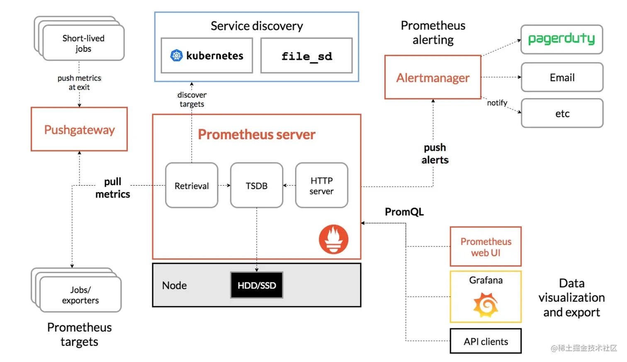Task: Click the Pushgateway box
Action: tap(79, 129)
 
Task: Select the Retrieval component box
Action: tap(192, 185)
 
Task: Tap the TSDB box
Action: tap(257, 185)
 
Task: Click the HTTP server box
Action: tap(321, 185)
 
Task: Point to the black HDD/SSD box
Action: tap(257, 285)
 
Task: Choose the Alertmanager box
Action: tap(433, 77)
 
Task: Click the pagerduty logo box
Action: tap(561, 39)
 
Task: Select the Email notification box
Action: tap(562, 77)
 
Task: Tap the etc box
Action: tap(562, 113)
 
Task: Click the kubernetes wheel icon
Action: tap(177, 56)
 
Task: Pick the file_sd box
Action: tap(306, 56)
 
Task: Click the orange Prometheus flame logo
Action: tap(333, 239)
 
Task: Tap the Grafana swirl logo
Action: tap(486, 305)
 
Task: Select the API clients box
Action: tap(486, 341)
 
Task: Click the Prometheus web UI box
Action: tap(486, 247)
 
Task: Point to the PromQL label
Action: tap(404, 212)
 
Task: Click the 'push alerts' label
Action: tap(435, 154)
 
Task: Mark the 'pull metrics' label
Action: tap(113, 188)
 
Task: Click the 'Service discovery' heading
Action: tap(257, 26)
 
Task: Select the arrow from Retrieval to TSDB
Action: tap(224, 185)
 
